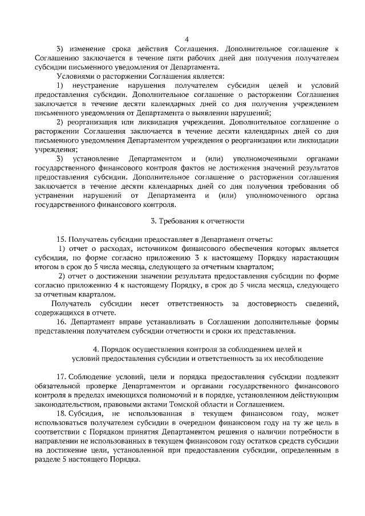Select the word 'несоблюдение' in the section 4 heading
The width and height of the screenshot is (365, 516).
coord(296,358)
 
